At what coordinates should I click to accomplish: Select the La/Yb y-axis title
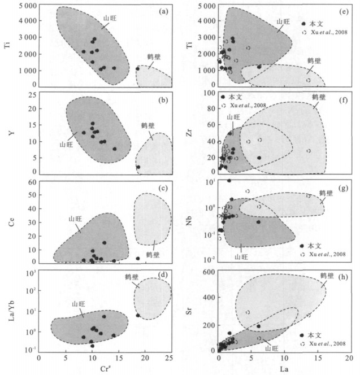(x=8, y=310)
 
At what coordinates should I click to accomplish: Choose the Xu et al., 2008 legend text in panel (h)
(x=328, y=343)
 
